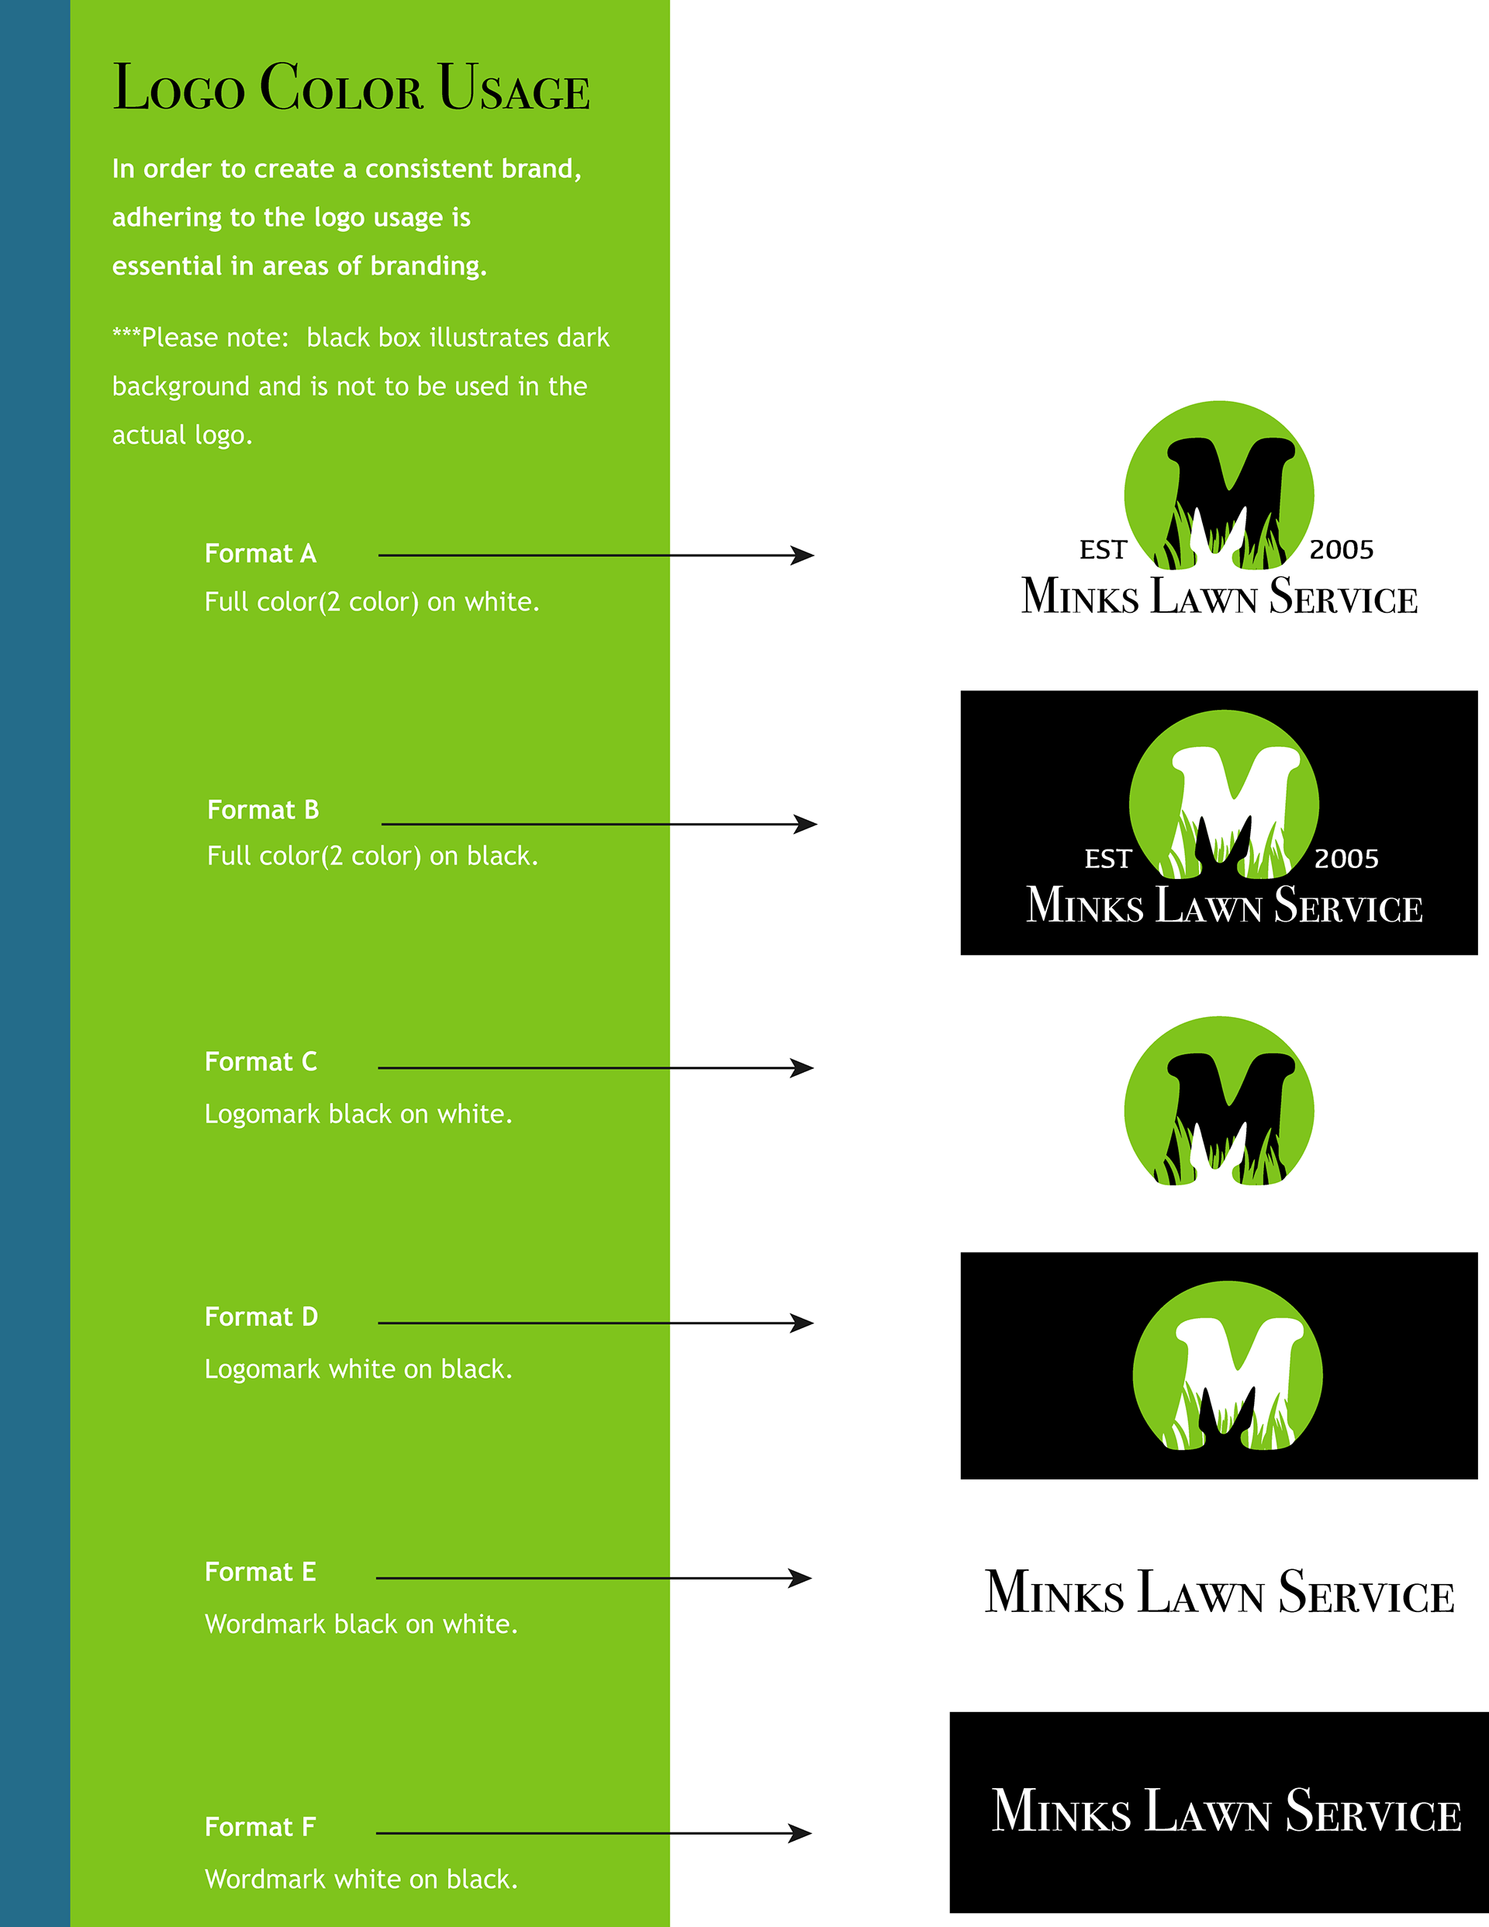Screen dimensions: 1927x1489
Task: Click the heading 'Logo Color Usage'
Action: [351, 88]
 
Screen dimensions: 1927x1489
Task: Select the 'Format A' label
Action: [261, 554]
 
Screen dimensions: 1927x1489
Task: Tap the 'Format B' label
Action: [263, 810]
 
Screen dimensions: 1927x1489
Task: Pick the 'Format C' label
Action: [261, 1061]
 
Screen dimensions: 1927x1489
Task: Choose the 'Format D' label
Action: [261, 1316]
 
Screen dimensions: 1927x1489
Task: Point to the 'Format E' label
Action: [261, 1572]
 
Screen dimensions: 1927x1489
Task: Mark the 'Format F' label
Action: [261, 1826]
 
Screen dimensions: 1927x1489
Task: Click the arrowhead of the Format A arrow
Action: [803, 555]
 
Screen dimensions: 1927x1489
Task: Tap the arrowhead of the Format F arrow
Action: [801, 1833]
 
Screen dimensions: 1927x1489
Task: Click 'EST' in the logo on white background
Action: [1103, 551]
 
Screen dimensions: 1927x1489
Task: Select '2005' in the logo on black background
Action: [1346, 860]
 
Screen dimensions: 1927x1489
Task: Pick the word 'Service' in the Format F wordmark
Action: [1373, 1812]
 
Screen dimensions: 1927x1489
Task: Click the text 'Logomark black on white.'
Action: [358, 1114]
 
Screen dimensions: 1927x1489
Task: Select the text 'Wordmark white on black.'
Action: [361, 1880]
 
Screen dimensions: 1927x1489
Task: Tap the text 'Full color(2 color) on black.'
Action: [372, 856]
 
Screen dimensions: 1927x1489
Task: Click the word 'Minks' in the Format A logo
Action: [1080, 597]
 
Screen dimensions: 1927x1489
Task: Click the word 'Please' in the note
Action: [180, 338]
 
